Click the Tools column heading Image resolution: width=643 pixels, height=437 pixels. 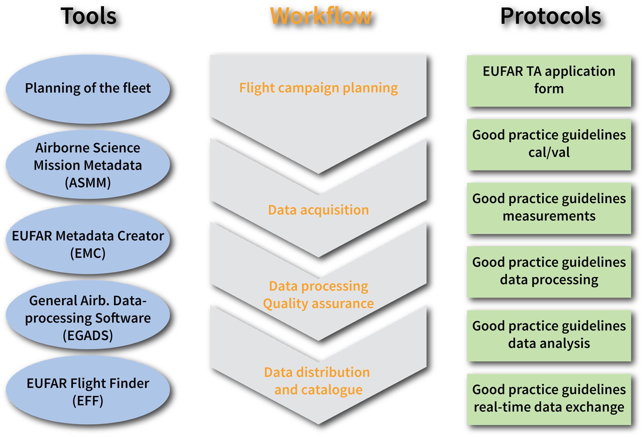point(88,16)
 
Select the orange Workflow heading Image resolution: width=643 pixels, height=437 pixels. point(321,16)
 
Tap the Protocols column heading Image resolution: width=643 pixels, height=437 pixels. point(550,16)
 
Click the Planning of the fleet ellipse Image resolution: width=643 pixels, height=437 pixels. point(88,88)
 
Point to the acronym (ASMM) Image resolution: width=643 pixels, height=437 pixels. point(88,183)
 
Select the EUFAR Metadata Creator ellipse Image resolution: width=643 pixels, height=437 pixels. point(88,240)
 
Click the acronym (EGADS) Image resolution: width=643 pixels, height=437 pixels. point(88,335)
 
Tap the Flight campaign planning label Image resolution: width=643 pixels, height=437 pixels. point(319,88)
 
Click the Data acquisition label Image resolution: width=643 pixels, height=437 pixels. point(319,210)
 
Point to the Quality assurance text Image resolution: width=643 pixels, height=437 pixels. point(319,304)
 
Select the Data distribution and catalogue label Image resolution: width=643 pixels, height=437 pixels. point(318,381)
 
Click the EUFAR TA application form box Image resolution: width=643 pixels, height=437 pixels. point(549,81)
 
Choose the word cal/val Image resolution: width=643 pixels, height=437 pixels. point(549,152)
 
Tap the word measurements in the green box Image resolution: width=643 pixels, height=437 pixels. point(549,216)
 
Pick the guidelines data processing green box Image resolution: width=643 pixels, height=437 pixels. point(549,272)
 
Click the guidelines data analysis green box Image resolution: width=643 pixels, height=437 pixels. point(549,335)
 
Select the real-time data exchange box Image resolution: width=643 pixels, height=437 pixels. point(549,399)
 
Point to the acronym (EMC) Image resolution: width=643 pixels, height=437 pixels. point(88,253)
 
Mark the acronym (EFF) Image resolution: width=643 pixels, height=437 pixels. point(88,401)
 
